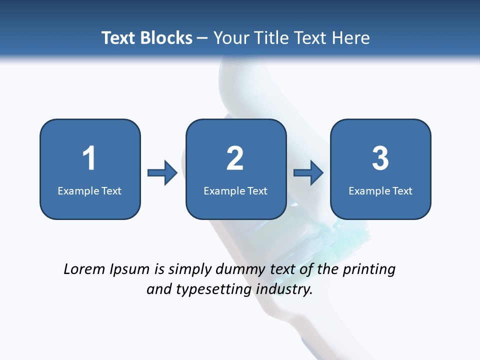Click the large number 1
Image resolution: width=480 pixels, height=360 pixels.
pos(89,158)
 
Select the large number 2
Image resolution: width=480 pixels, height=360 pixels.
pos(235,158)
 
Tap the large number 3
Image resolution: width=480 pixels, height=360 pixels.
pos(380,158)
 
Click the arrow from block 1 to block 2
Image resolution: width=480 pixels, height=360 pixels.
pos(162,173)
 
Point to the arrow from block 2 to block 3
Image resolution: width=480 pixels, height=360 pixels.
pos(308,173)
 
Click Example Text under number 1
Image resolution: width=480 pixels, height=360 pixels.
pos(89,190)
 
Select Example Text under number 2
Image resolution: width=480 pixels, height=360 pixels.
pos(235,190)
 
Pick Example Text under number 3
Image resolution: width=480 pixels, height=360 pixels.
pos(380,190)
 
